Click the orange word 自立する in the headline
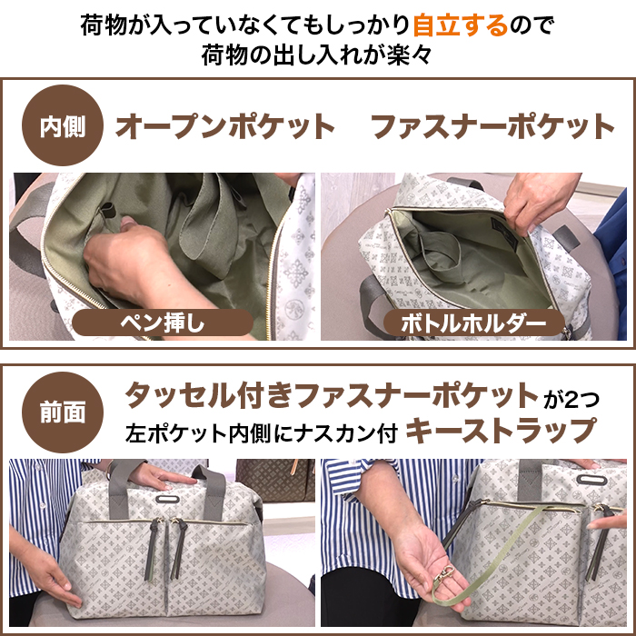click(461, 25)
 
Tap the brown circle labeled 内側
click(63, 125)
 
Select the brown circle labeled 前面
click(63, 412)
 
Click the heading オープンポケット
click(225, 126)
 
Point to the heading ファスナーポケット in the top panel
click(492, 126)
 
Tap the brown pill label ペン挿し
click(163, 323)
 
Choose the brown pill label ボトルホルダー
click(473, 323)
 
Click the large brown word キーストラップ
click(502, 432)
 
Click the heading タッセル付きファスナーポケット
click(332, 395)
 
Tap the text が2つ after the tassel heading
click(571, 400)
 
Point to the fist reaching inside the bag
click(124, 260)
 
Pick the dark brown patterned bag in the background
click(275, 480)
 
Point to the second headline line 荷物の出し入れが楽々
click(317, 55)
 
